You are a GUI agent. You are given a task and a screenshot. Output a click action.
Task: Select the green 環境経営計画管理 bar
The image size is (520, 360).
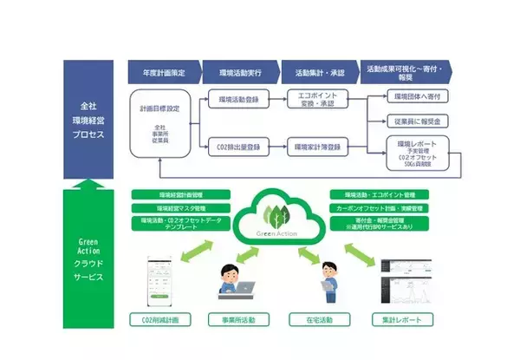point(169,195)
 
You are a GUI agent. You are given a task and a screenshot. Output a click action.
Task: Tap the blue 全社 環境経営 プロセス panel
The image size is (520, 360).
point(88,118)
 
